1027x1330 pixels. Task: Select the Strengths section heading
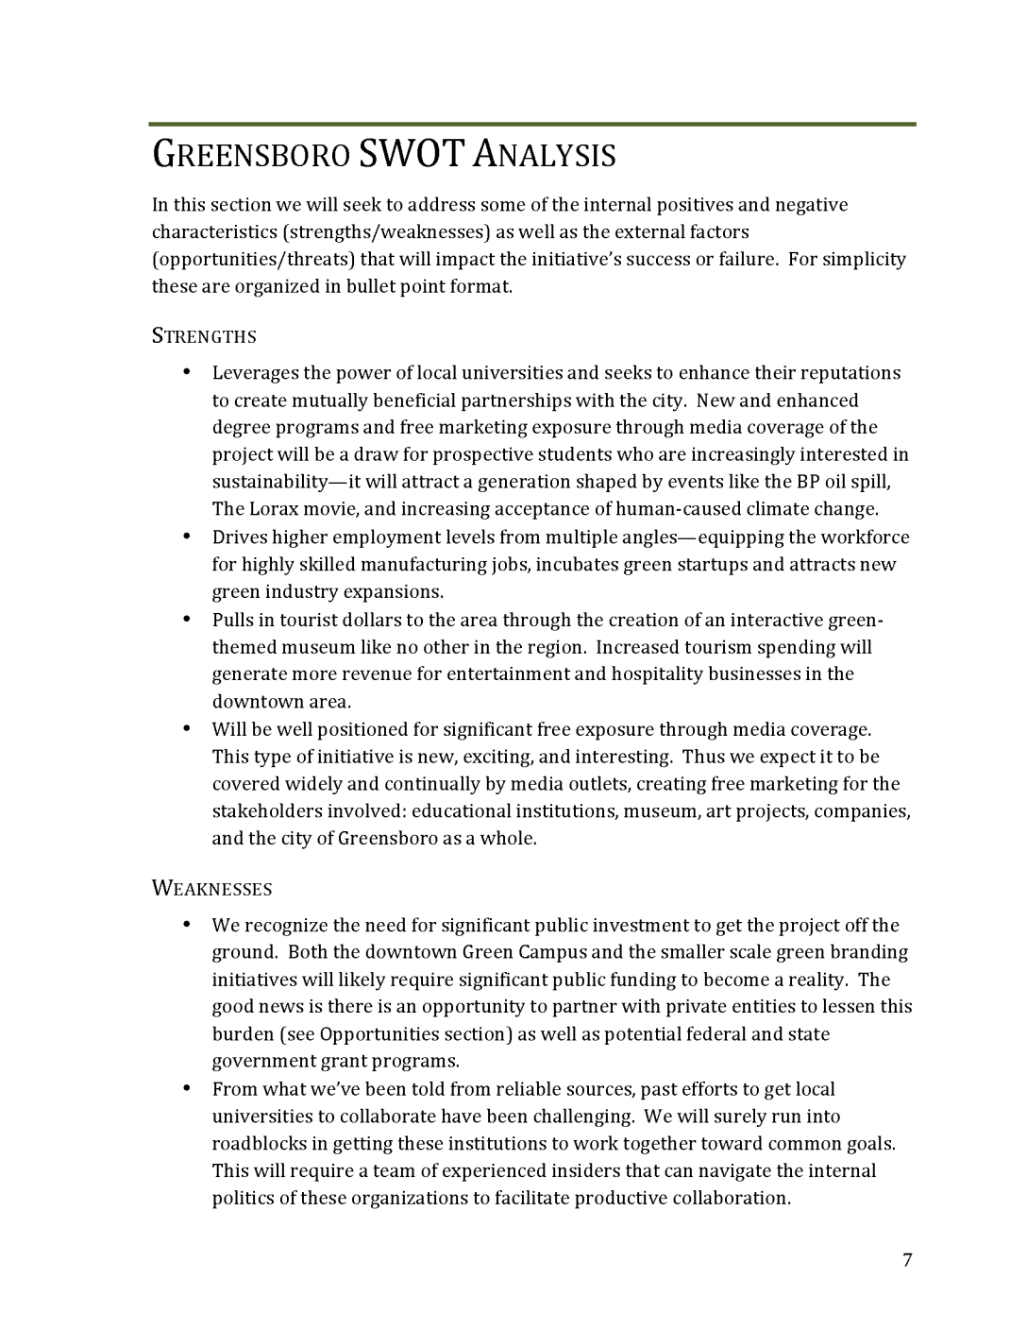point(204,337)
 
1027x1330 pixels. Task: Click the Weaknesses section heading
point(212,889)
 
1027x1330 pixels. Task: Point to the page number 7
point(907,1260)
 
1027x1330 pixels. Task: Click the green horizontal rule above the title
point(532,124)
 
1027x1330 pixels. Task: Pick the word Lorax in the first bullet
point(274,509)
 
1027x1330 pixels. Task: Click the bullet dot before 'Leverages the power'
point(187,372)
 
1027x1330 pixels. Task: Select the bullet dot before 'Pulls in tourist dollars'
point(187,620)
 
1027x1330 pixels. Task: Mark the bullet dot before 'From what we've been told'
point(187,1089)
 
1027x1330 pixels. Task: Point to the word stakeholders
point(266,811)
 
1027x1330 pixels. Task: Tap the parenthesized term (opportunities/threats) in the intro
point(253,260)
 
